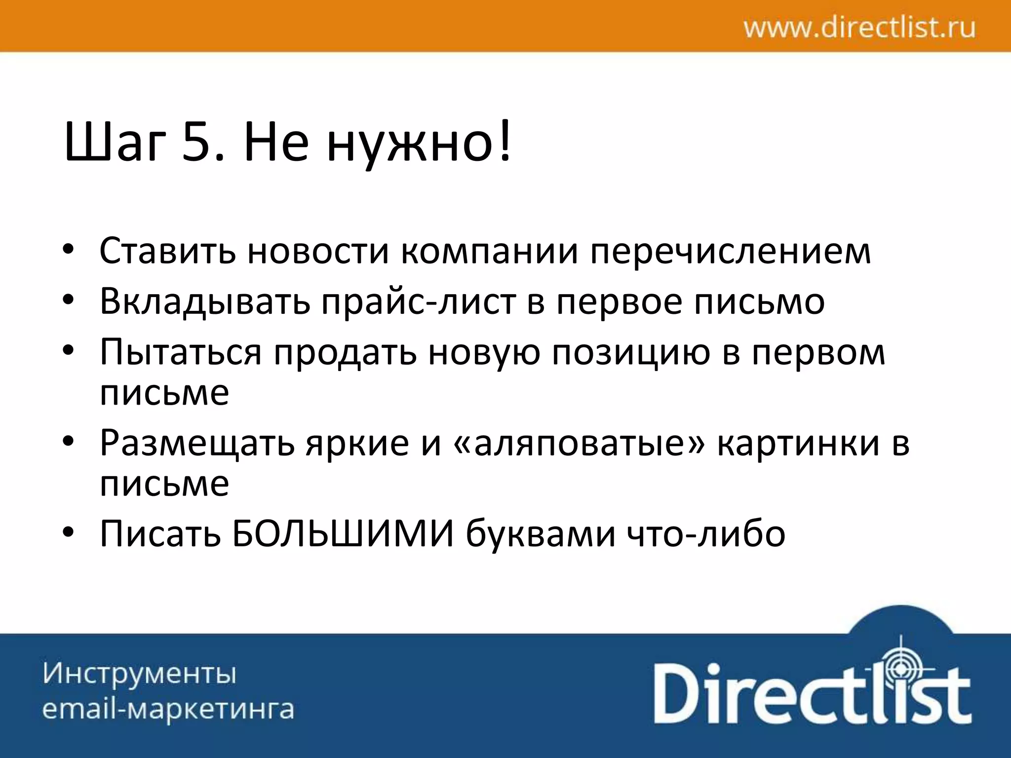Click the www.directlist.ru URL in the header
tap(859, 28)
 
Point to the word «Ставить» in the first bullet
tap(168, 251)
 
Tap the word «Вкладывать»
tap(205, 301)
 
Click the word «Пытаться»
tap(180, 352)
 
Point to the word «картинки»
tap(798, 443)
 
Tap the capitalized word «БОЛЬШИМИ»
tap(343, 534)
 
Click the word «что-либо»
tap(706, 534)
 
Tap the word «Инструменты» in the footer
tap(140, 674)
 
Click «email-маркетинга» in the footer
tap(168, 710)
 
